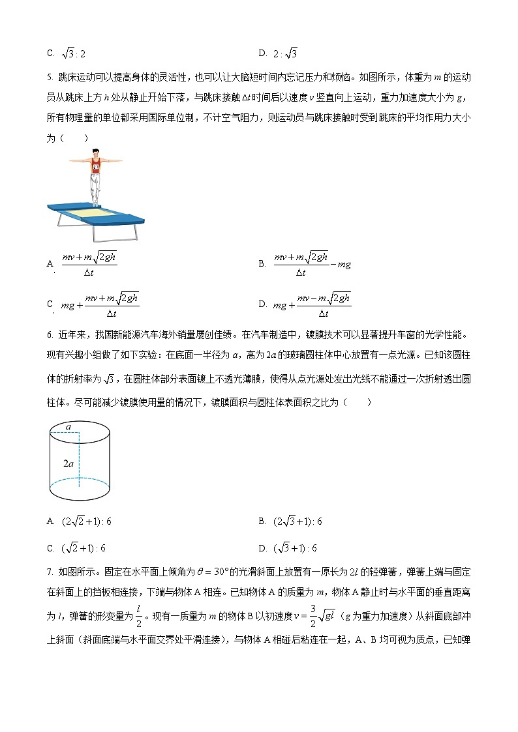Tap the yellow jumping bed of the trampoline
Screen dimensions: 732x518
pyautogui.click(x=92, y=212)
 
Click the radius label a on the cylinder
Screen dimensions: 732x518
pyautogui.click(x=67, y=426)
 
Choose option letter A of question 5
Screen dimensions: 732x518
pyautogui.click(x=50, y=264)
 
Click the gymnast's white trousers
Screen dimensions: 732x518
pyautogui.click(x=96, y=188)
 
